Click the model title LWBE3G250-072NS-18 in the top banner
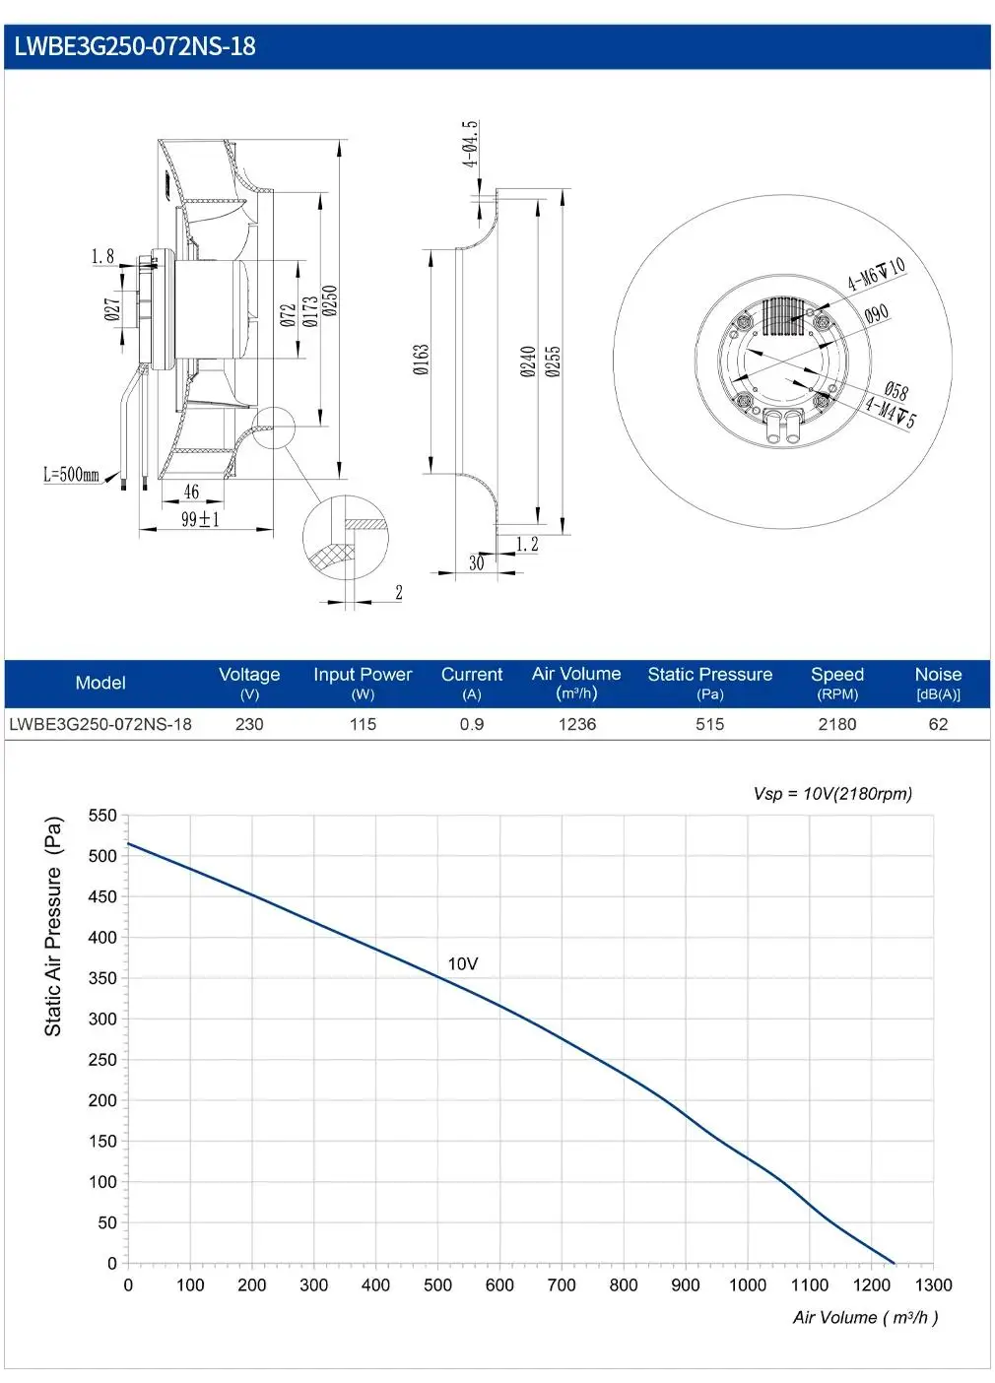(135, 46)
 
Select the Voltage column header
(249, 683)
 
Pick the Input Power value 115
(363, 724)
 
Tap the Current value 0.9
(471, 724)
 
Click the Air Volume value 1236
(577, 724)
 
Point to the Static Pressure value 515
(709, 724)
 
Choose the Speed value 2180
(837, 724)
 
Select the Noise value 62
(938, 724)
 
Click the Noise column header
(938, 683)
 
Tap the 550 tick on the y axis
(102, 816)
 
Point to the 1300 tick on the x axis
(933, 1284)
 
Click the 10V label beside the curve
(463, 963)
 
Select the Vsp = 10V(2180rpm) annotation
(832, 793)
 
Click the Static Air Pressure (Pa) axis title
(54, 927)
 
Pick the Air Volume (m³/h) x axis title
(865, 1317)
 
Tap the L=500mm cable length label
(71, 474)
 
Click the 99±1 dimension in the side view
(200, 519)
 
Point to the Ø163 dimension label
(421, 361)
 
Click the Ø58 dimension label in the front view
(895, 390)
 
